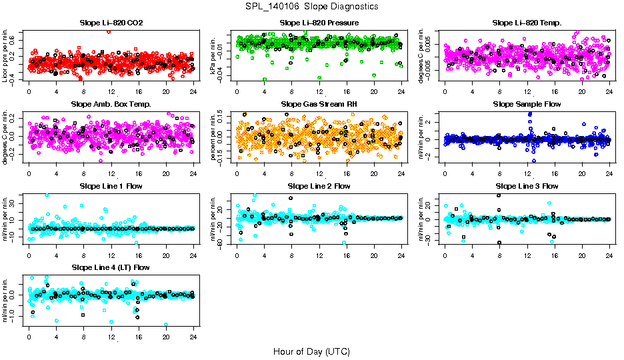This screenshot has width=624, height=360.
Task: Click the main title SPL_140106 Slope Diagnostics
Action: pos(311,6)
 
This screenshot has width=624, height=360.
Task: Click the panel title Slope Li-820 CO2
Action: pos(111,23)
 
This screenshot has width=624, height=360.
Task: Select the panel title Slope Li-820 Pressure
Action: pos(319,23)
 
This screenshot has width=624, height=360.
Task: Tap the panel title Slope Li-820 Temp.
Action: pos(527,23)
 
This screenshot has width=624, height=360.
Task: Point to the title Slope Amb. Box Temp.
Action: pos(111,104)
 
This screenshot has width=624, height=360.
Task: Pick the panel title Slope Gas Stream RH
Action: pos(319,104)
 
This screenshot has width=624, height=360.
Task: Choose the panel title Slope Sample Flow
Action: pos(527,104)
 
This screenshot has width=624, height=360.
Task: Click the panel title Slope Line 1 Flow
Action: pos(111,186)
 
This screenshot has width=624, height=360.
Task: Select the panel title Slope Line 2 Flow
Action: pos(319,186)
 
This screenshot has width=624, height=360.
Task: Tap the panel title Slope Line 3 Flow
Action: pos(527,186)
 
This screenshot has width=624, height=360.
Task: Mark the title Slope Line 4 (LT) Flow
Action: pos(111,267)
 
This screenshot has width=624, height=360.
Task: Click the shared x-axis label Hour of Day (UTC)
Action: pos(311,351)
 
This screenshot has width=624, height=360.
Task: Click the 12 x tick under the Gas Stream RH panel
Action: pos(319,172)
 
